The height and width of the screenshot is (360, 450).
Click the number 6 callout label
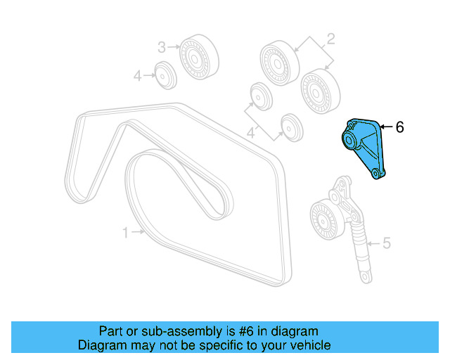(x=400, y=127)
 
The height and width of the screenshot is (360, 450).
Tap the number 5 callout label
(x=385, y=244)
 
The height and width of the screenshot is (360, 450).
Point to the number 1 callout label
(x=127, y=232)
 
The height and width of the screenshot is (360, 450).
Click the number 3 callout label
(x=161, y=47)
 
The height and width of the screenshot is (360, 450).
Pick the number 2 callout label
(x=330, y=38)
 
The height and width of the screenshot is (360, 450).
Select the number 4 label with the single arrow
(x=139, y=75)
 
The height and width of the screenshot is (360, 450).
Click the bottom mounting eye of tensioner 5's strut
(x=365, y=281)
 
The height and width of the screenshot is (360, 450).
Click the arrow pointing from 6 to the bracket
(x=386, y=127)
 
